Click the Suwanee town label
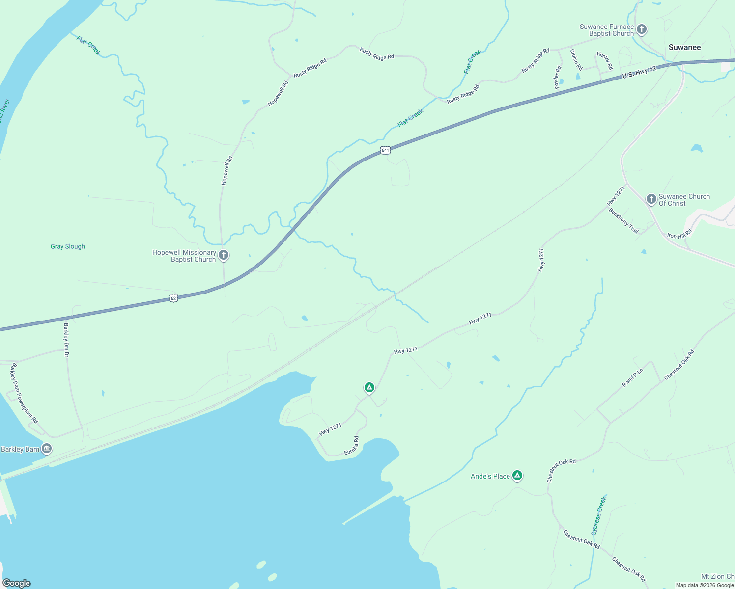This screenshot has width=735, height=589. coord(684,47)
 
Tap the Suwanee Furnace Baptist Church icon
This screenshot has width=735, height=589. coord(641,29)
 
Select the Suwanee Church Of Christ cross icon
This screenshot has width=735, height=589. coord(651,199)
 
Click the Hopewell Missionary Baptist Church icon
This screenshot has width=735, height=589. coord(224,255)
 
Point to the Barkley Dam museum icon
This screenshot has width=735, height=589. coord(47,448)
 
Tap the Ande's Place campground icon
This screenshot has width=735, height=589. coord(517,475)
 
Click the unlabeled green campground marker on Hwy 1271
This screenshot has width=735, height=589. coord(369,387)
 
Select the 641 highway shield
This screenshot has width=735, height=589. coord(385,150)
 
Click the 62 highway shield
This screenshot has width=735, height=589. coord(173,298)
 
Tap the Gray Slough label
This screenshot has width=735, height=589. coord(68,246)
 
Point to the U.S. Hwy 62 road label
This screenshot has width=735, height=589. coord(639,72)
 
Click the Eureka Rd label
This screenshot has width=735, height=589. coord(351,446)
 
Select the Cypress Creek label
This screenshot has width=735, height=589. coord(598,516)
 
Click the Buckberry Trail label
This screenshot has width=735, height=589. coord(623,221)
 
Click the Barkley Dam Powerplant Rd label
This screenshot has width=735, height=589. coord(25,393)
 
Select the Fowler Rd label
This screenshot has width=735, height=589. coord(558,78)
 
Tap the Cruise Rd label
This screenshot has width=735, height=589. coord(576,59)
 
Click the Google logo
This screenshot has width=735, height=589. coord(17,583)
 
